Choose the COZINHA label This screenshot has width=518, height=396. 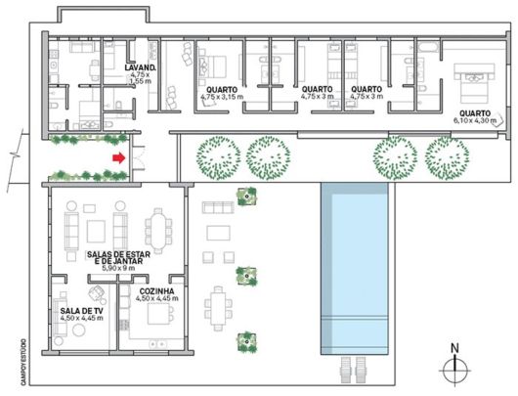pyautogui.click(x=151, y=292)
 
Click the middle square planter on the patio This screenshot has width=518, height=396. pyautogui.click(x=251, y=275)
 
